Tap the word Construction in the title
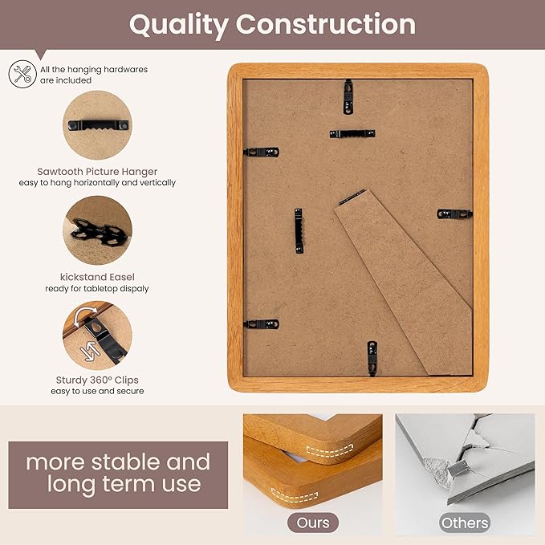click(x=326, y=24)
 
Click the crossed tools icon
click(x=22, y=74)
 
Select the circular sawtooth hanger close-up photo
click(x=97, y=124)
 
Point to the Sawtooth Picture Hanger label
click(x=97, y=171)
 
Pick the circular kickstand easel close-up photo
click(x=97, y=230)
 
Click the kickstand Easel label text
click(x=97, y=276)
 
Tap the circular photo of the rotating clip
click(x=97, y=335)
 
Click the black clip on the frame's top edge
click(x=348, y=96)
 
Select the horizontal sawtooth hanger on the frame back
click(x=352, y=133)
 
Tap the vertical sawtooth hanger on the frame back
click(x=299, y=230)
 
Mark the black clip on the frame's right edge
click(x=454, y=214)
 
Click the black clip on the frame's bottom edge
click(x=372, y=356)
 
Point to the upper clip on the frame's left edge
click(x=262, y=152)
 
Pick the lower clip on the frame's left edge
click(x=261, y=324)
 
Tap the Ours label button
click(x=313, y=523)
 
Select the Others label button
click(x=464, y=523)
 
